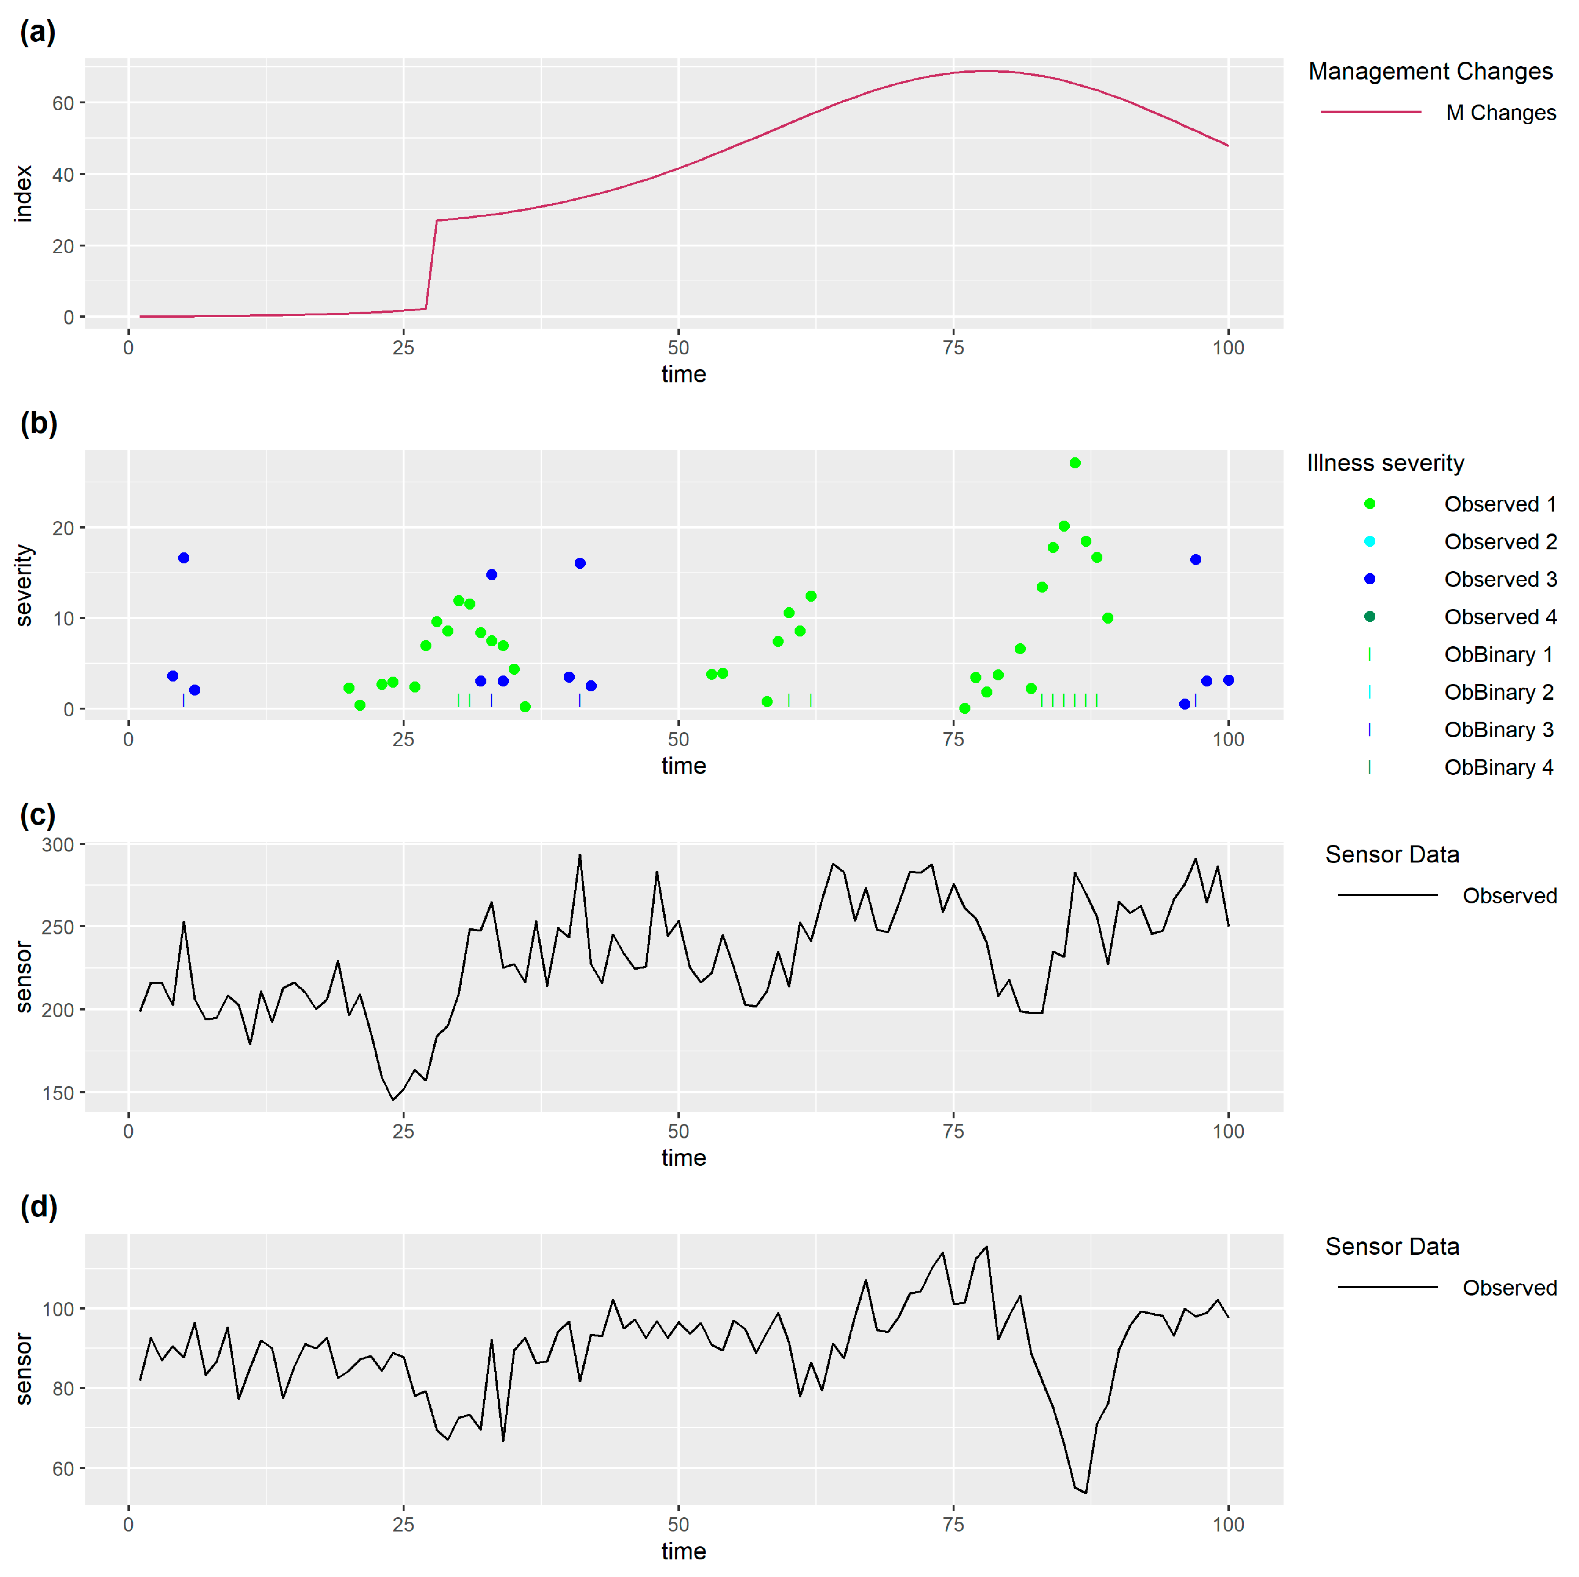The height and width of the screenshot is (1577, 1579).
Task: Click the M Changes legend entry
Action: click(x=1500, y=113)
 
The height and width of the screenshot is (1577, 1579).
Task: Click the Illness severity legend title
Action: click(x=1385, y=463)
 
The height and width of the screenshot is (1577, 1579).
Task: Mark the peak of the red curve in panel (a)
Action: click(x=987, y=71)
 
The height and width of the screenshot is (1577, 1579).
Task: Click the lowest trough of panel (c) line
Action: click(x=392, y=1099)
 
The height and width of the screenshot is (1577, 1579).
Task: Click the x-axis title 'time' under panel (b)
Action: click(x=683, y=766)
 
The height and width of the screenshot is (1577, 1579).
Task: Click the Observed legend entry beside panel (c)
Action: click(x=1509, y=896)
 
